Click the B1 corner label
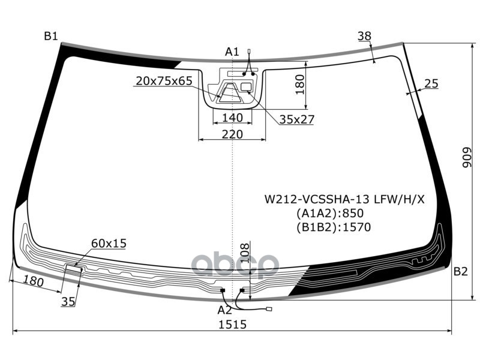pyautogui.click(x=51, y=36)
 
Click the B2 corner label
pyautogui.click(x=460, y=271)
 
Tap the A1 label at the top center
pyautogui.click(x=232, y=52)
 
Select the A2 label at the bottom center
pyautogui.click(x=224, y=310)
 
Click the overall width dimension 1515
pyautogui.click(x=232, y=325)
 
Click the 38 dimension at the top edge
pyautogui.click(x=365, y=36)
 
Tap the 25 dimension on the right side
pyautogui.click(x=431, y=83)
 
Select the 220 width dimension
pyautogui.click(x=232, y=134)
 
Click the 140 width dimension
pyautogui.click(x=232, y=118)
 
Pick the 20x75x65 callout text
pyautogui.click(x=164, y=81)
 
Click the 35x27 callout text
pyautogui.click(x=296, y=119)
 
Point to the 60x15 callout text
pyautogui.click(x=109, y=244)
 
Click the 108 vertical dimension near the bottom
pyautogui.click(x=245, y=253)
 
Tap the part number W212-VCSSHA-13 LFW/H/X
pyautogui.click(x=344, y=200)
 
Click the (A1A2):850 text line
pyautogui.click(x=329, y=214)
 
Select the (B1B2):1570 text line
pyautogui.click(x=334, y=227)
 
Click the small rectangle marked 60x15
pyautogui.click(x=74, y=269)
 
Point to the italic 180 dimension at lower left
pyautogui.click(x=34, y=281)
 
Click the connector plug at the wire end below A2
pyautogui.click(x=269, y=309)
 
